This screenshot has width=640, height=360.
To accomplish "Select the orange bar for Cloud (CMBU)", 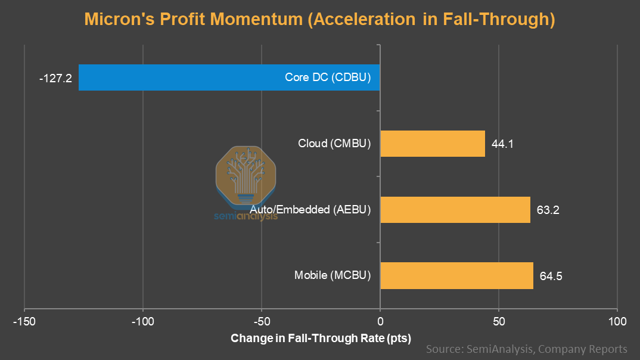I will pyautogui.click(x=433, y=144).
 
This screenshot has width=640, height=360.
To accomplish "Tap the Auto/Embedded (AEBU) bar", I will pyautogui.click(x=455, y=210).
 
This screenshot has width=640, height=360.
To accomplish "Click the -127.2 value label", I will pyautogui.click(x=55, y=78).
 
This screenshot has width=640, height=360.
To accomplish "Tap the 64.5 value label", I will pyautogui.click(x=551, y=276).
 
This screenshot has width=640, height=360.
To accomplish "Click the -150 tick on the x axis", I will pyautogui.click(x=24, y=322).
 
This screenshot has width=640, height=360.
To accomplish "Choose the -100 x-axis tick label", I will pyautogui.click(x=143, y=322).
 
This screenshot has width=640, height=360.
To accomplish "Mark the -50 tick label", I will pyautogui.click(x=262, y=322).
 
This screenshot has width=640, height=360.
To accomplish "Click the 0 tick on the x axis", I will pyautogui.click(x=380, y=322).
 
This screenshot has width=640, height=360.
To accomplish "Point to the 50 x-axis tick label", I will pyautogui.click(x=499, y=322).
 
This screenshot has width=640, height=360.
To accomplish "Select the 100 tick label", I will pyautogui.click(x=617, y=322).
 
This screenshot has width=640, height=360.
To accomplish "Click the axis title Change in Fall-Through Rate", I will pyautogui.click(x=321, y=339).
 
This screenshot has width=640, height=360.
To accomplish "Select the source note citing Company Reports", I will pyautogui.click(x=526, y=349).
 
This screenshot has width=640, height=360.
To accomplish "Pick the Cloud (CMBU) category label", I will pyautogui.click(x=334, y=144).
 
